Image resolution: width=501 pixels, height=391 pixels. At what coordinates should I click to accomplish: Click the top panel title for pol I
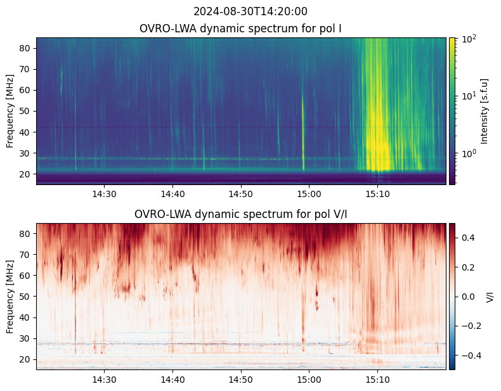click(241, 29)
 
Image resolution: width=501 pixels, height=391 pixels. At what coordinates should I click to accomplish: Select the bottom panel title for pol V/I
click(241, 214)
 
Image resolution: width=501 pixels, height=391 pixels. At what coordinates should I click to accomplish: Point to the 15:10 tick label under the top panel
click(377, 193)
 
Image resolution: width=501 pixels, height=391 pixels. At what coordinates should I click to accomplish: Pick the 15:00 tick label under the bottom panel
click(309, 379)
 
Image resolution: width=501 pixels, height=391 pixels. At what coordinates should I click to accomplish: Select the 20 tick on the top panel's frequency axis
click(27, 174)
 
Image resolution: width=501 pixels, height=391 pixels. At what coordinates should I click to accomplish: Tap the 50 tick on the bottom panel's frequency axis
click(27, 297)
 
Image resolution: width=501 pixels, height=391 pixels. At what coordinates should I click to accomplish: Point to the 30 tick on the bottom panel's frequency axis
click(27, 338)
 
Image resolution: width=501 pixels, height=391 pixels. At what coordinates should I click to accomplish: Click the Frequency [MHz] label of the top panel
click(10, 111)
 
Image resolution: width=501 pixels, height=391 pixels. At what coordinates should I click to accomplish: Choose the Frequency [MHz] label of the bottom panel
click(10, 297)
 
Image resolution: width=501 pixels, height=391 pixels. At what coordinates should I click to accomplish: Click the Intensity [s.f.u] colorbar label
click(485, 111)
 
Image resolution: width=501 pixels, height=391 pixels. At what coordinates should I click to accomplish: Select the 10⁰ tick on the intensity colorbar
click(469, 153)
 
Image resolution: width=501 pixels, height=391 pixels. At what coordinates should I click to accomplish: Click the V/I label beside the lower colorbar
click(489, 297)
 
